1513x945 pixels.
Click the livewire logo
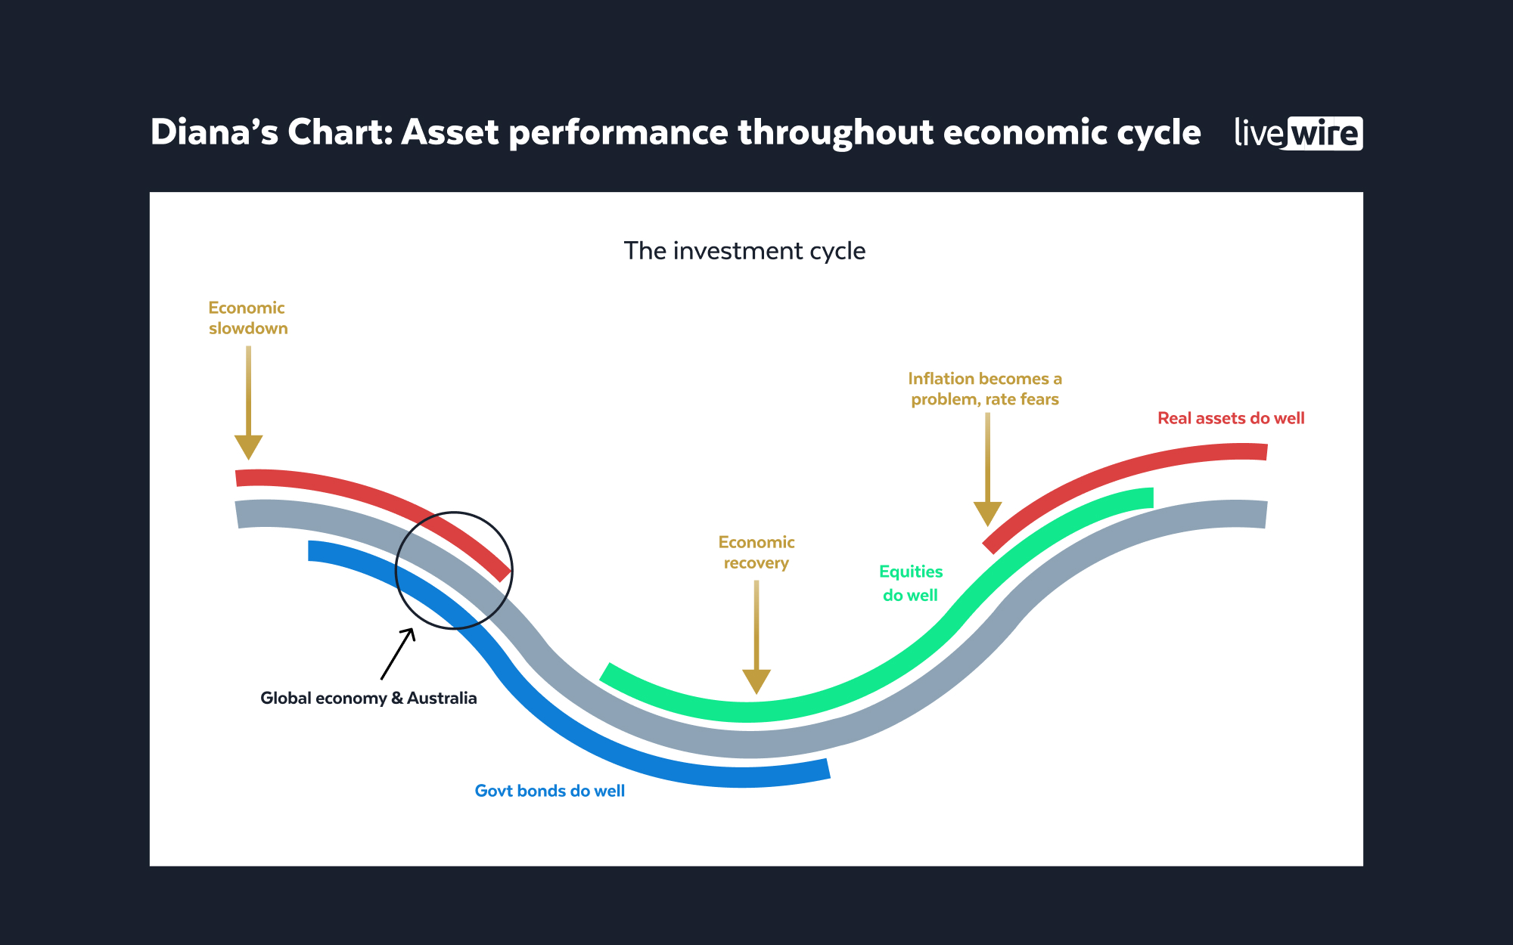coord(1298,134)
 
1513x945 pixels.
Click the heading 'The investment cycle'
coord(744,251)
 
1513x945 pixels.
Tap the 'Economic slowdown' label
coord(248,318)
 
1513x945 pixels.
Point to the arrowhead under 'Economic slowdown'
coord(248,447)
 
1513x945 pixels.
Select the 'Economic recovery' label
coord(756,553)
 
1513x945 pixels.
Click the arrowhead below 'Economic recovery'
coord(756,680)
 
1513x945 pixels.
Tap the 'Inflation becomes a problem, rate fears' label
coord(985,389)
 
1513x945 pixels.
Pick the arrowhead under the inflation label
coord(987,513)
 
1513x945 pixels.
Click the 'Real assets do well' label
coord(1231,419)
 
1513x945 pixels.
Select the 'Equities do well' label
coord(911,584)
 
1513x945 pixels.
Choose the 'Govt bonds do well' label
coord(550,792)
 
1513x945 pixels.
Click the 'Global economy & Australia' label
coord(368,699)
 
